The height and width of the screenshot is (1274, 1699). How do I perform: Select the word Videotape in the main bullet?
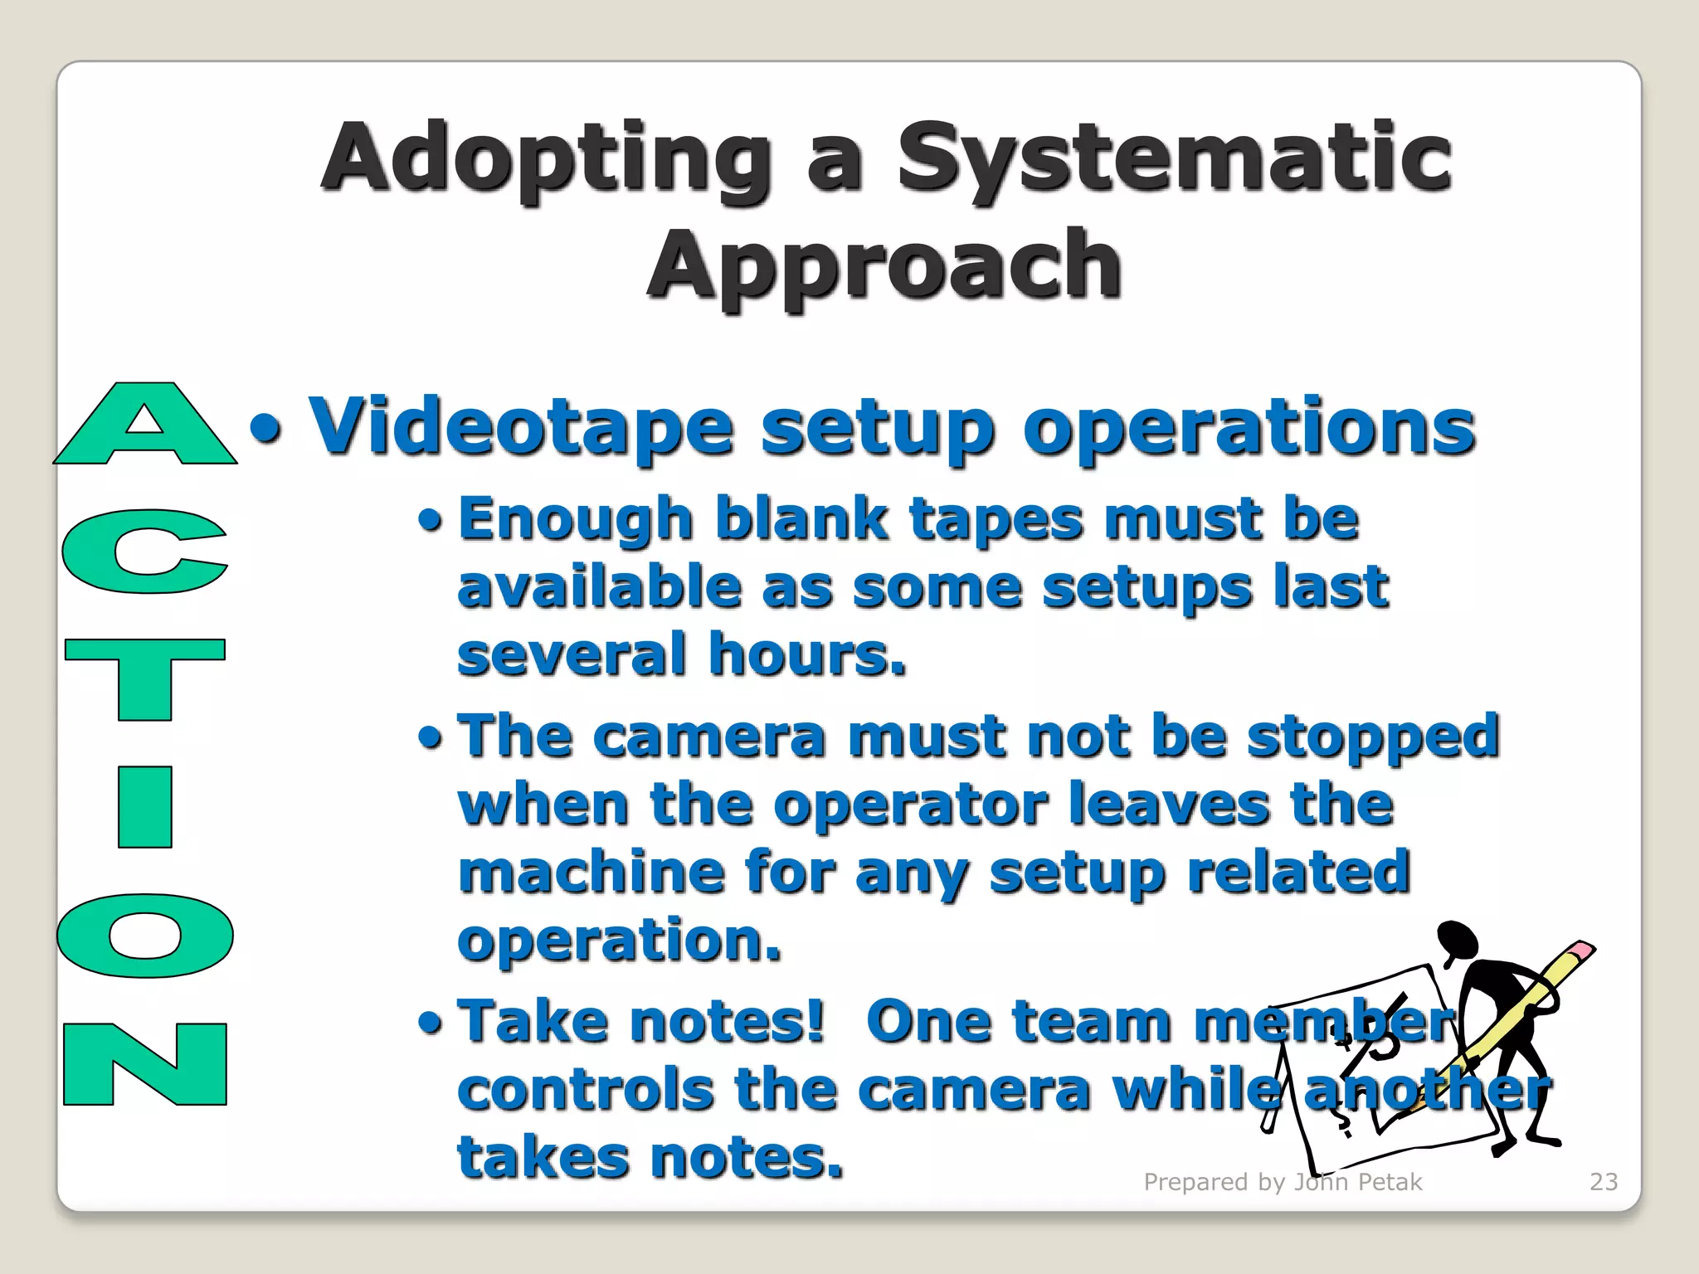click(x=521, y=427)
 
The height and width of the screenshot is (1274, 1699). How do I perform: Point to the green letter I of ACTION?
click(x=145, y=806)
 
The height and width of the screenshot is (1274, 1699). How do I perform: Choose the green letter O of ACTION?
click(x=145, y=936)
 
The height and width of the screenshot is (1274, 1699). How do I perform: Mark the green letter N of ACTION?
click(x=145, y=1064)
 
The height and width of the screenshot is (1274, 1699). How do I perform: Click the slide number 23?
click(x=1604, y=1181)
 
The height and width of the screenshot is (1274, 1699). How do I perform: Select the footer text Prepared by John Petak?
click(x=1283, y=1181)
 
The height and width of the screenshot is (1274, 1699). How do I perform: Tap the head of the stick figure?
click(x=1458, y=941)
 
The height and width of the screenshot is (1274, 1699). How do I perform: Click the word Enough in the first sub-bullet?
click(x=576, y=520)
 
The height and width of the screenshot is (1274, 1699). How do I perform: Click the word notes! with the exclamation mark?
click(x=728, y=1021)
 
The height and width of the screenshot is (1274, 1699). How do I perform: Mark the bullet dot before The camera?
click(x=431, y=737)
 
